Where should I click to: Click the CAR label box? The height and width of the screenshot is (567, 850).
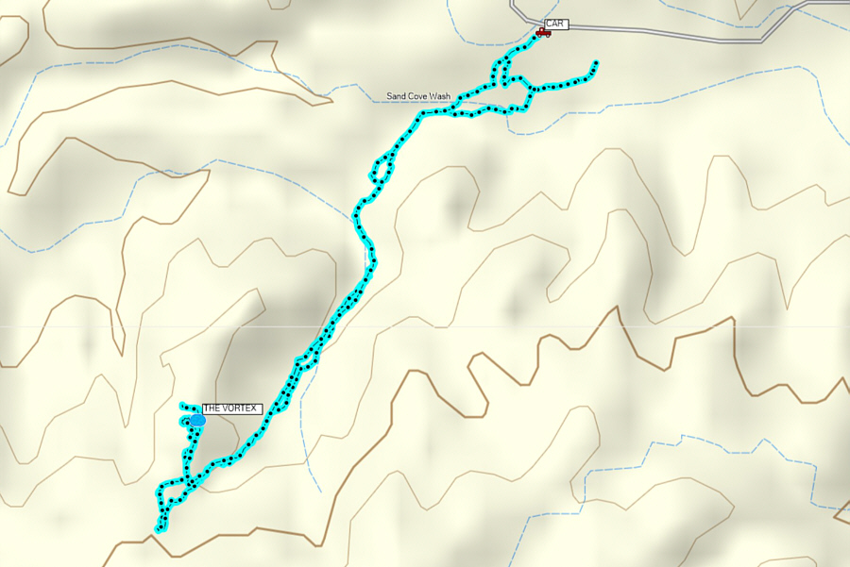click(x=556, y=24)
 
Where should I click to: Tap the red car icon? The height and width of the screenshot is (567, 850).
click(x=542, y=33)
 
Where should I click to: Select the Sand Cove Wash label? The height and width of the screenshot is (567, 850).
click(x=418, y=96)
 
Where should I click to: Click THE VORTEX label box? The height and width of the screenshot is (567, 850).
click(x=231, y=409)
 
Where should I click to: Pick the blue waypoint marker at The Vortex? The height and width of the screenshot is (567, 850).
click(x=197, y=419)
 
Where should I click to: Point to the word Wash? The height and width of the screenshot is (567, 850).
click(x=440, y=96)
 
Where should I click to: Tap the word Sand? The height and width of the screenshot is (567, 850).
click(x=396, y=96)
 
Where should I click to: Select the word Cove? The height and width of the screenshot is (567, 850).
click(x=417, y=96)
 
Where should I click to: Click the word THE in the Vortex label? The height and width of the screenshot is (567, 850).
click(x=213, y=409)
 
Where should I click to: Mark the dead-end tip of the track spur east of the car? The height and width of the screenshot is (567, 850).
click(x=596, y=63)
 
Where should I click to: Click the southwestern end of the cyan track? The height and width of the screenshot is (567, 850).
click(x=158, y=528)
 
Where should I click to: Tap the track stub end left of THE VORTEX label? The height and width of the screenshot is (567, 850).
click(x=181, y=406)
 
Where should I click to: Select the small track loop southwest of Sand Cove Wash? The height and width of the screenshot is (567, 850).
click(x=382, y=171)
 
